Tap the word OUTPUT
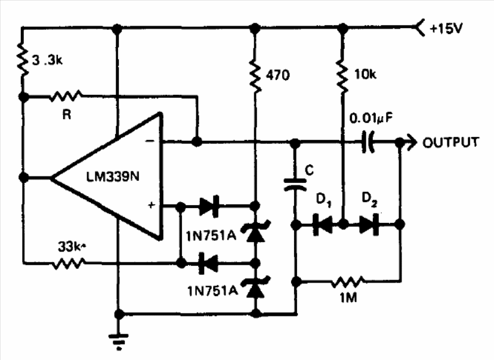(450, 142)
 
